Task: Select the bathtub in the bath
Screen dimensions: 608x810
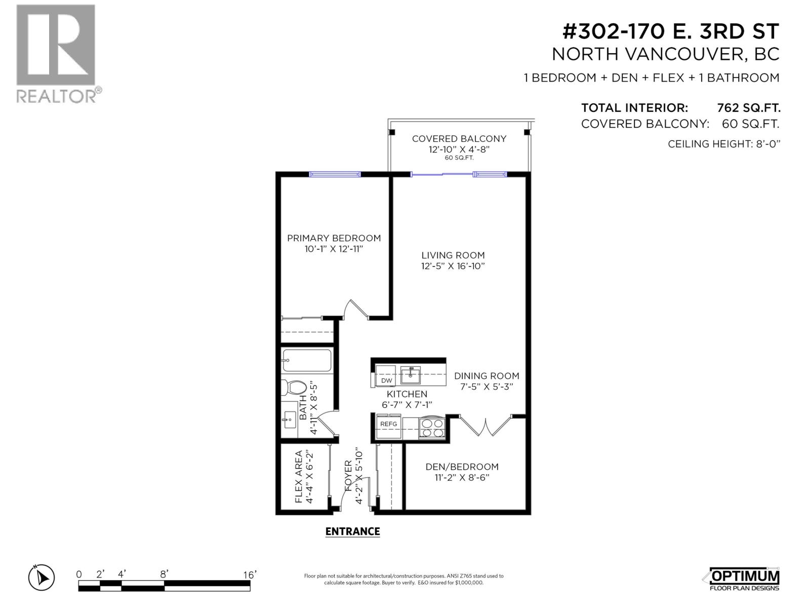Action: pos(307,361)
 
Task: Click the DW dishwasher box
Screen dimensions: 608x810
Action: pos(386,381)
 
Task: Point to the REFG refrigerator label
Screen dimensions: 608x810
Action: pos(389,424)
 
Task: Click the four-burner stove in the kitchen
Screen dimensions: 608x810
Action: pos(432,428)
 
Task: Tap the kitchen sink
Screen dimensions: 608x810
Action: pos(411,376)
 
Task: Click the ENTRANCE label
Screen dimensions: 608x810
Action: pos(352,531)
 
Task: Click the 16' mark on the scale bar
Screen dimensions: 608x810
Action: pos(250,575)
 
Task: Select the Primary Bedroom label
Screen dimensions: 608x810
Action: pos(334,238)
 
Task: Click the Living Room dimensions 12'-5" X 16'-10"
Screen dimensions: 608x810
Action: pos(453,267)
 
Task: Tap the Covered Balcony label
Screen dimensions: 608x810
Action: pos(459,139)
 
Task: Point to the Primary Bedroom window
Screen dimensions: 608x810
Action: pos(335,174)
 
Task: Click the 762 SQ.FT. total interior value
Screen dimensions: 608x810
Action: pos(748,108)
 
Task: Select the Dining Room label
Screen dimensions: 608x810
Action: pos(487,376)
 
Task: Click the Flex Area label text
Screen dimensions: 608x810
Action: pos(299,477)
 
